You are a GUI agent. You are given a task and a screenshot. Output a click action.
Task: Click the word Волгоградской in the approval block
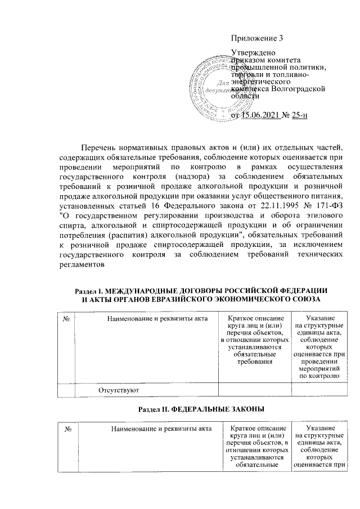pyautogui.click(x=298, y=89)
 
